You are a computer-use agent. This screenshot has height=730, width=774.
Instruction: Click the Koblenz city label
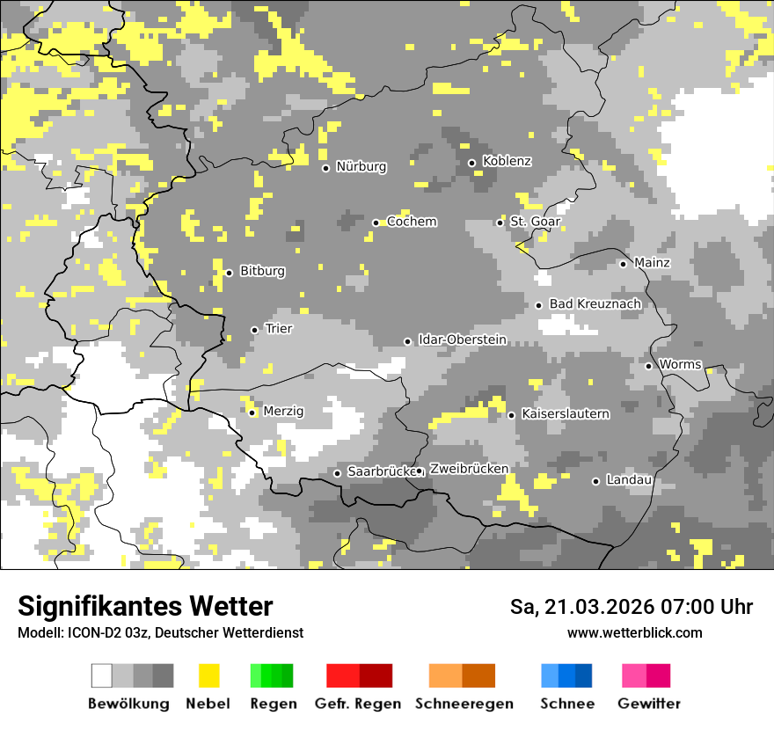[507, 162]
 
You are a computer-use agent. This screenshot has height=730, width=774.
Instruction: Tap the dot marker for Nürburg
[325, 168]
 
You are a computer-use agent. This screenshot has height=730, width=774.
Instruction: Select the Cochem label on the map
[412, 222]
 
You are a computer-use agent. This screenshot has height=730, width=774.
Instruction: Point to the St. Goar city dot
[500, 223]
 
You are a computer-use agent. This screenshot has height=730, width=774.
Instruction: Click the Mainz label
[652, 263]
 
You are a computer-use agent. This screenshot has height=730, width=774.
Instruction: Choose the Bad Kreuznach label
[595, 304]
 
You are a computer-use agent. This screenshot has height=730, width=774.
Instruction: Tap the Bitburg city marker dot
[229, 273]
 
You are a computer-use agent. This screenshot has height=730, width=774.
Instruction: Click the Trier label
[279, 329]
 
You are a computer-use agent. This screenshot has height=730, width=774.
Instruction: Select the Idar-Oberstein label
[462, 339]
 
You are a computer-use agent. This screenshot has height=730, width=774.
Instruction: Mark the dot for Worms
[648, 366]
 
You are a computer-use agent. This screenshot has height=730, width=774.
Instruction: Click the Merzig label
[283, 412]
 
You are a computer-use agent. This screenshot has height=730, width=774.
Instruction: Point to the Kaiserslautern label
[565, 413]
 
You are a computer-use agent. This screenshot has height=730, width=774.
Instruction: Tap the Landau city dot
[595, 481]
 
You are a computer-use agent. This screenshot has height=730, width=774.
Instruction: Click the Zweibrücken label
[469, 469]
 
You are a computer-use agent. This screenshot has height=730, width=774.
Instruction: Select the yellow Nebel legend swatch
[208, 675]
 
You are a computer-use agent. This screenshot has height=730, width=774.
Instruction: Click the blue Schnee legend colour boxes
[566, 675]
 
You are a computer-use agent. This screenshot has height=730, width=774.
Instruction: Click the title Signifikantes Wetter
[145, 606]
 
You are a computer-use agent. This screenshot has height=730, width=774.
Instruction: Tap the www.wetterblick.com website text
[634, 633]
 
